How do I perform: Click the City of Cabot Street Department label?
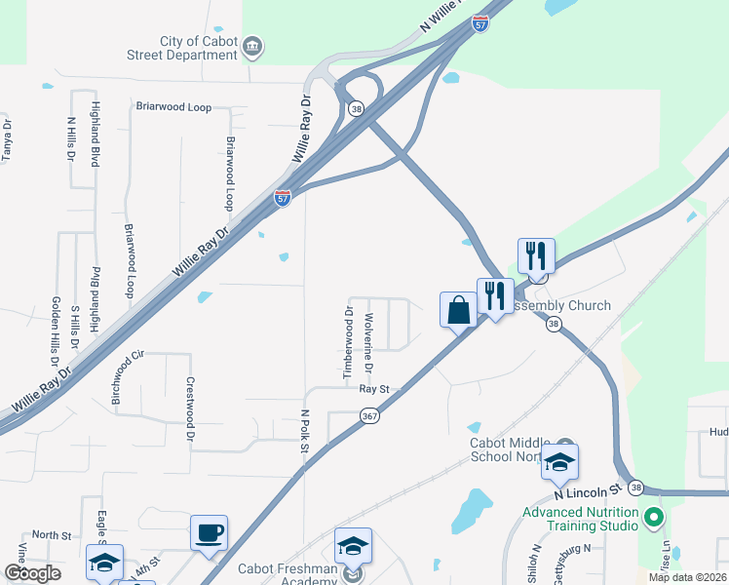pyautogui.click(x=199, y=49)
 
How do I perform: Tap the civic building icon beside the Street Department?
pyautogui.click(x=252, y=45)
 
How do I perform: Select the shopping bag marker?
pyautogui.click(x=458, y=311)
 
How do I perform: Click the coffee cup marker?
pyautogui.click(x=209, y=532)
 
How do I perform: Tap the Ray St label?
pyautogui.click(x=374, y=388)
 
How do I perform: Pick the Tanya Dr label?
pyautogui.click(x=8, y=139)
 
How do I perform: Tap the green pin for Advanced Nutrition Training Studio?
pyautogui.click(x=654, y=514)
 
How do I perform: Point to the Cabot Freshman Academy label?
pyautogui.click(x=288, y=574)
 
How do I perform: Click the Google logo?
pyautogui.click(x=32, y=573)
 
